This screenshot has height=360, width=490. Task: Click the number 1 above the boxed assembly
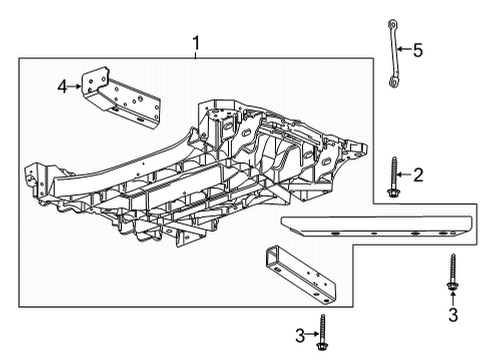[x=197, y=44]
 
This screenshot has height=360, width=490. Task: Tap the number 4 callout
[x=63, y=87]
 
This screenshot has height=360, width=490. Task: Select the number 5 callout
[x=419, y=48]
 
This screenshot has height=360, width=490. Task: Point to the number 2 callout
[x=418, y=174]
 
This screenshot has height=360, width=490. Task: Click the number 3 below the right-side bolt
[x=452, y=316]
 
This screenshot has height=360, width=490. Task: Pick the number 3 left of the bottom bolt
[x=299, y=333]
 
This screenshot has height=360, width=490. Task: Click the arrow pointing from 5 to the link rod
[x=402, y=48]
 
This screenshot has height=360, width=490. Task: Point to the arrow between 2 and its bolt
[x=402, y=175]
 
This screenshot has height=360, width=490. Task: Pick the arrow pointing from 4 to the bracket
[x=77, y=87]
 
